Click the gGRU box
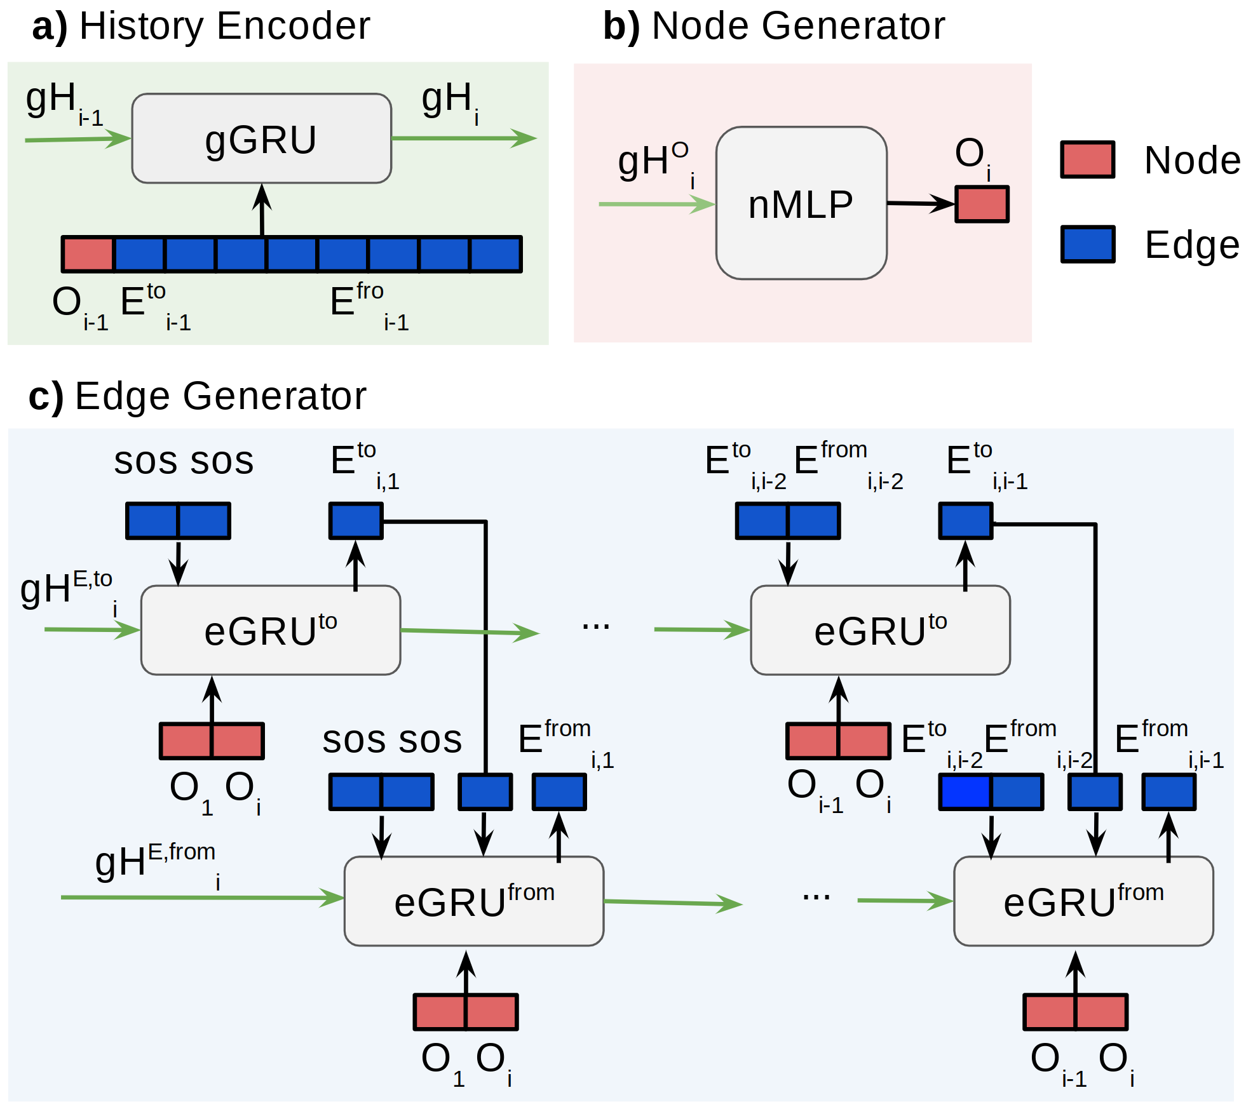pyautogui.click(x=261, y=138)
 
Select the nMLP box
pyautogui.click(x=801, y=203)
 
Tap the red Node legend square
pyautogui.click(x=1087, y=159)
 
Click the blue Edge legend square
pyautogui.click(x=1087, y=244)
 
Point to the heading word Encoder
pyautogui.click(x=292, y=27)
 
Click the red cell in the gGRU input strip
pyautogui.click(x=88, y=254)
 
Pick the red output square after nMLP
pyautogui.click(x=982, y=204)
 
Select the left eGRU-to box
pyautogui.click(x=270, y=630)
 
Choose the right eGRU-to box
pyautogui.click(x=880, y=630)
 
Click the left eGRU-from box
pyautogui.click(x=473, y=901)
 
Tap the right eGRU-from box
pyautogui.click(x=1083, y=901)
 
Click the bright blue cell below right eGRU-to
pyautogui.click(x=965, y=792)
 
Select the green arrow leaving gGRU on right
pyautogui.click(x=464, y=138)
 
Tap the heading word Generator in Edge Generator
pyautogui.click(x=274, y=396)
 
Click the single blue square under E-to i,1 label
pyautogui.click(x=356, y=521)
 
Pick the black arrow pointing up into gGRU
pyautogui.click(x=262, y=210)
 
